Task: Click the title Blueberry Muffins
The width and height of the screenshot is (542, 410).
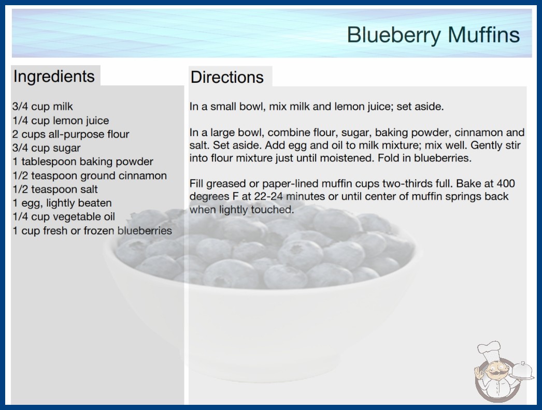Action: click(x=433, y=35)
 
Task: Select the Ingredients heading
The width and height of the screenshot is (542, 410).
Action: click(x=54, y=76)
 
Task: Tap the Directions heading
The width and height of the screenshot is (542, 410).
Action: click(x=227, y=77)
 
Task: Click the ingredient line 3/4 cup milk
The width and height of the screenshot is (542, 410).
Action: click(x=42, y=107)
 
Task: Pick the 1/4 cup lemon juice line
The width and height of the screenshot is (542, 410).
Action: click(x=61, y=121)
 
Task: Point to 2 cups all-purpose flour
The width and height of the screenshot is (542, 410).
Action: click(x=71, y=134)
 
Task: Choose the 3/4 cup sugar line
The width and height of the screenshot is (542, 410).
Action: click(x=46, y=148)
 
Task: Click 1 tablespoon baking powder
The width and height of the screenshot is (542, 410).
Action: click(x=82, y=162)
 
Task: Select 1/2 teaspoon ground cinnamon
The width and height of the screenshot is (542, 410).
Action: click(x=90, y=175)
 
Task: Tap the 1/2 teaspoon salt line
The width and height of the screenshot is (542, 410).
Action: click(x=55, y=189)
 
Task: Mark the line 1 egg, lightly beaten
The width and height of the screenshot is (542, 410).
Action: click(x=62, y=203)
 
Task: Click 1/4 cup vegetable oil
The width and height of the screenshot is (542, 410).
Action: click(x=64, y=217)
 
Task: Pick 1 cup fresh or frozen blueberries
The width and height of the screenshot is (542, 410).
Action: click(x=92, y=231)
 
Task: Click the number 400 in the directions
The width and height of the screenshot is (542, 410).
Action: click(x=506, y=183)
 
